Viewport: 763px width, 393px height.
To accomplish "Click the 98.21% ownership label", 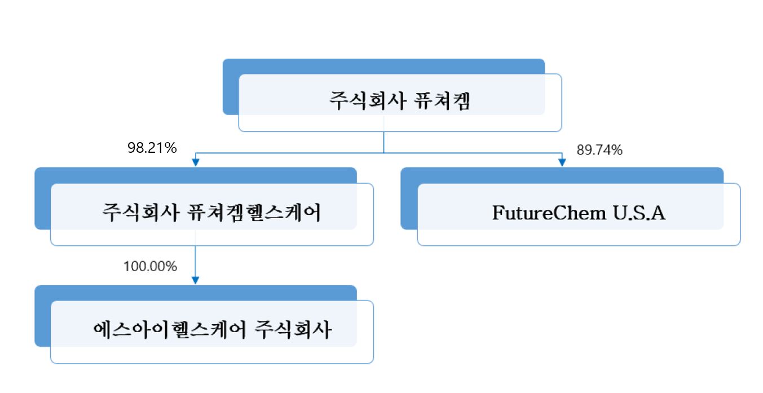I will click(152, 148).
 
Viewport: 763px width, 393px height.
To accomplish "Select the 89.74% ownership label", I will click(599, 150).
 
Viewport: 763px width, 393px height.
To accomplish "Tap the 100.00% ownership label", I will click(150, 266).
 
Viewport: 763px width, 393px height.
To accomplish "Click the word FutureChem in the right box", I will click(546, 214).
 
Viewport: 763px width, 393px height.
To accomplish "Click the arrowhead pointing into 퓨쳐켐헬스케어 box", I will click(196, 162).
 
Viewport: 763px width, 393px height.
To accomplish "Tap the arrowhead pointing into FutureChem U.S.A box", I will click(562, 162).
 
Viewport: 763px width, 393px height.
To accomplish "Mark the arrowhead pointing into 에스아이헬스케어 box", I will click(196, 280).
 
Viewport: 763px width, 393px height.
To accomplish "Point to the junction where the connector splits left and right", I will click(384, 153).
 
